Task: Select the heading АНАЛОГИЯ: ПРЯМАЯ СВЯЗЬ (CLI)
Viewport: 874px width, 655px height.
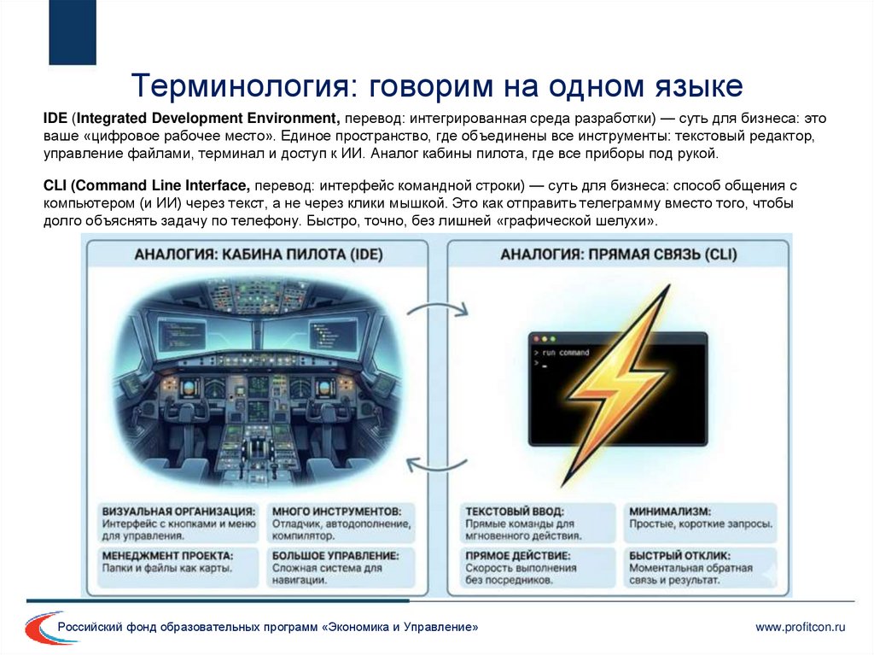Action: click(618, 254)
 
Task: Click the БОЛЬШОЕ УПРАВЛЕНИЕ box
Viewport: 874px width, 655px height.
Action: click(346, 567)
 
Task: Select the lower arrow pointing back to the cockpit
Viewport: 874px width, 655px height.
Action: click(437, 464)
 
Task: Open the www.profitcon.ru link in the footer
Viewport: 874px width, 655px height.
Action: click(800, 628)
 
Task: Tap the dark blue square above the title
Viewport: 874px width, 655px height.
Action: click(73, 32)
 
